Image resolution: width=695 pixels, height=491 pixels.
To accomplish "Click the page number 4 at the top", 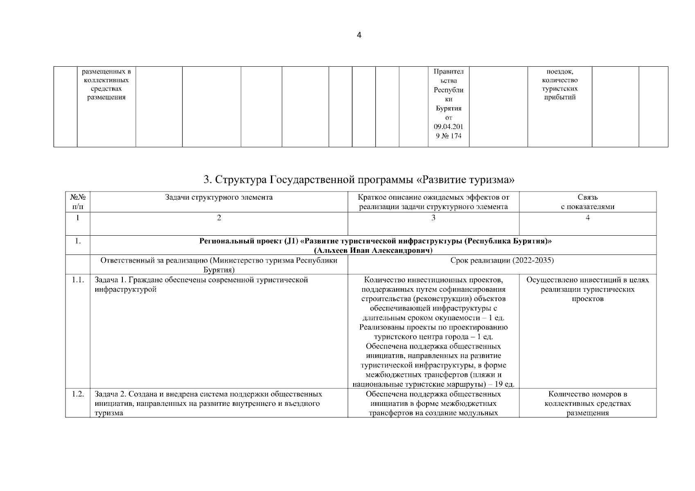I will coord(359,35).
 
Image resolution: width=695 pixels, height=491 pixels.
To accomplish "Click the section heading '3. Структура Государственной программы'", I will coord(359,180).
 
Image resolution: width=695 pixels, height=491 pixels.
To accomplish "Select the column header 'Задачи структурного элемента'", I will coord(219,197).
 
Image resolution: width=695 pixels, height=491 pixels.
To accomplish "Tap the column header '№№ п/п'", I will coord(77,202).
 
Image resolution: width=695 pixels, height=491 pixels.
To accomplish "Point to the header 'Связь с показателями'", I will coord(587,202).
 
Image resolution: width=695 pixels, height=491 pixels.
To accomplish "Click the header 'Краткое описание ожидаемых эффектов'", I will coord(433,202).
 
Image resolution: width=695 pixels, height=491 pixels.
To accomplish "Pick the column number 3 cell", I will coord(433,218).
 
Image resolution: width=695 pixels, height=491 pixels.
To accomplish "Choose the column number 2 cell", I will coord(219,218).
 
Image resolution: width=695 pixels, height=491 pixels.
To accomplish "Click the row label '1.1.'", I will coord(77,280).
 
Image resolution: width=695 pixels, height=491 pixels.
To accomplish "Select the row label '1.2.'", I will coord(77,394).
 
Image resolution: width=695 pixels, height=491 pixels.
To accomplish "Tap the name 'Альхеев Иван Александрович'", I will coord(373,250).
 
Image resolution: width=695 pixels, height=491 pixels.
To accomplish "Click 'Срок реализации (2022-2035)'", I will coord(502,261).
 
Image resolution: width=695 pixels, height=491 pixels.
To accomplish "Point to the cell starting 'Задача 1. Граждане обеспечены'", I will coord(201,285).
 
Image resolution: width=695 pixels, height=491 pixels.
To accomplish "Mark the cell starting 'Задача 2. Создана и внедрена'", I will coord(208,403).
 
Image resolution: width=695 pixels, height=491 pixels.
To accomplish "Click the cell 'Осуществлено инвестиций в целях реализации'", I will coord(587,289).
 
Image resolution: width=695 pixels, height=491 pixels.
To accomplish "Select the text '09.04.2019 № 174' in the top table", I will coord(448,131).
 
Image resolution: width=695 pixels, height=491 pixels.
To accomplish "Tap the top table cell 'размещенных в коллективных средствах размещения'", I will coord(106,84).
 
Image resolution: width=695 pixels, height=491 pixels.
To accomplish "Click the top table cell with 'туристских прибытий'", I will coord(560,93).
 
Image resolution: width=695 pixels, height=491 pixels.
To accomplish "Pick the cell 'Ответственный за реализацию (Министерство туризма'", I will coord(219,265).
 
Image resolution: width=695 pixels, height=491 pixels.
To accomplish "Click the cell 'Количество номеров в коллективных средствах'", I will coord(587,403).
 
